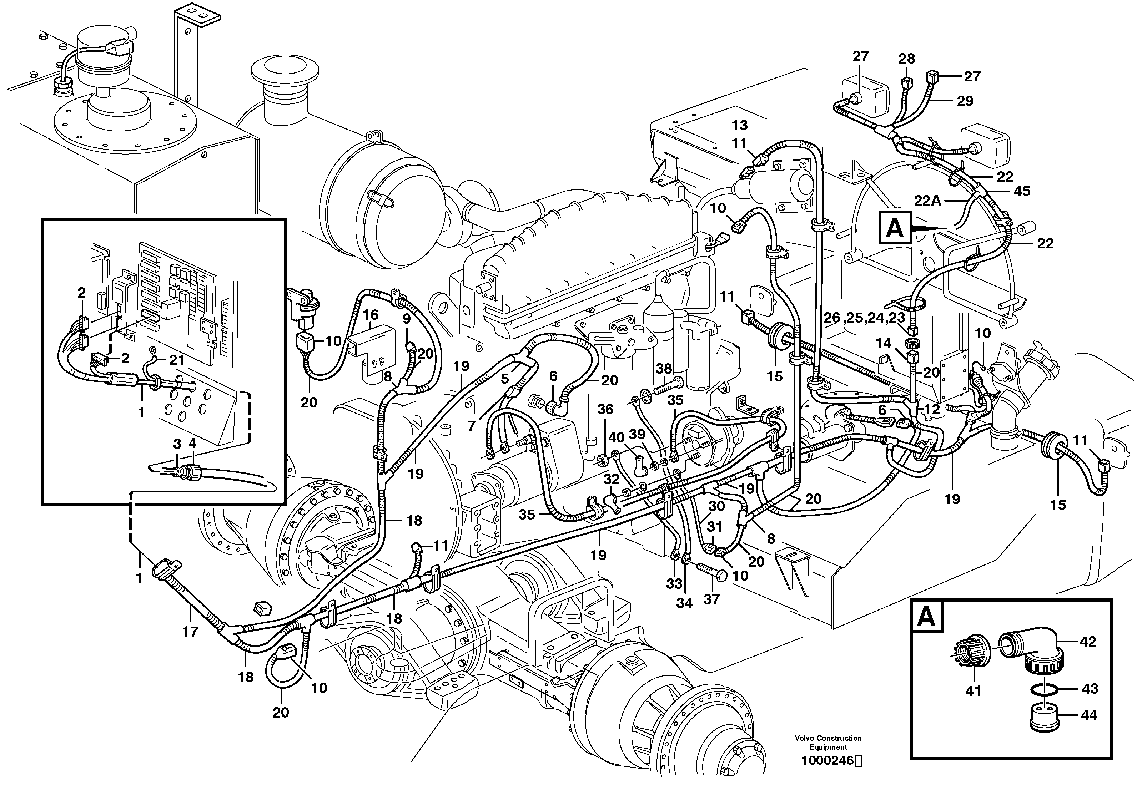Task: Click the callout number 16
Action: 370,315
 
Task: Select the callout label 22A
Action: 927,201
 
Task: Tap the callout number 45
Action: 1022,191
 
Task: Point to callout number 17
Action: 190,632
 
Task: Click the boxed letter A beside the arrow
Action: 894,228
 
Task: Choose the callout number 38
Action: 664,369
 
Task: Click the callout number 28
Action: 906,59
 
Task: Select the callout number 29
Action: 965,101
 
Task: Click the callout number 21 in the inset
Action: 177,360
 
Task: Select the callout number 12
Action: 932,409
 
